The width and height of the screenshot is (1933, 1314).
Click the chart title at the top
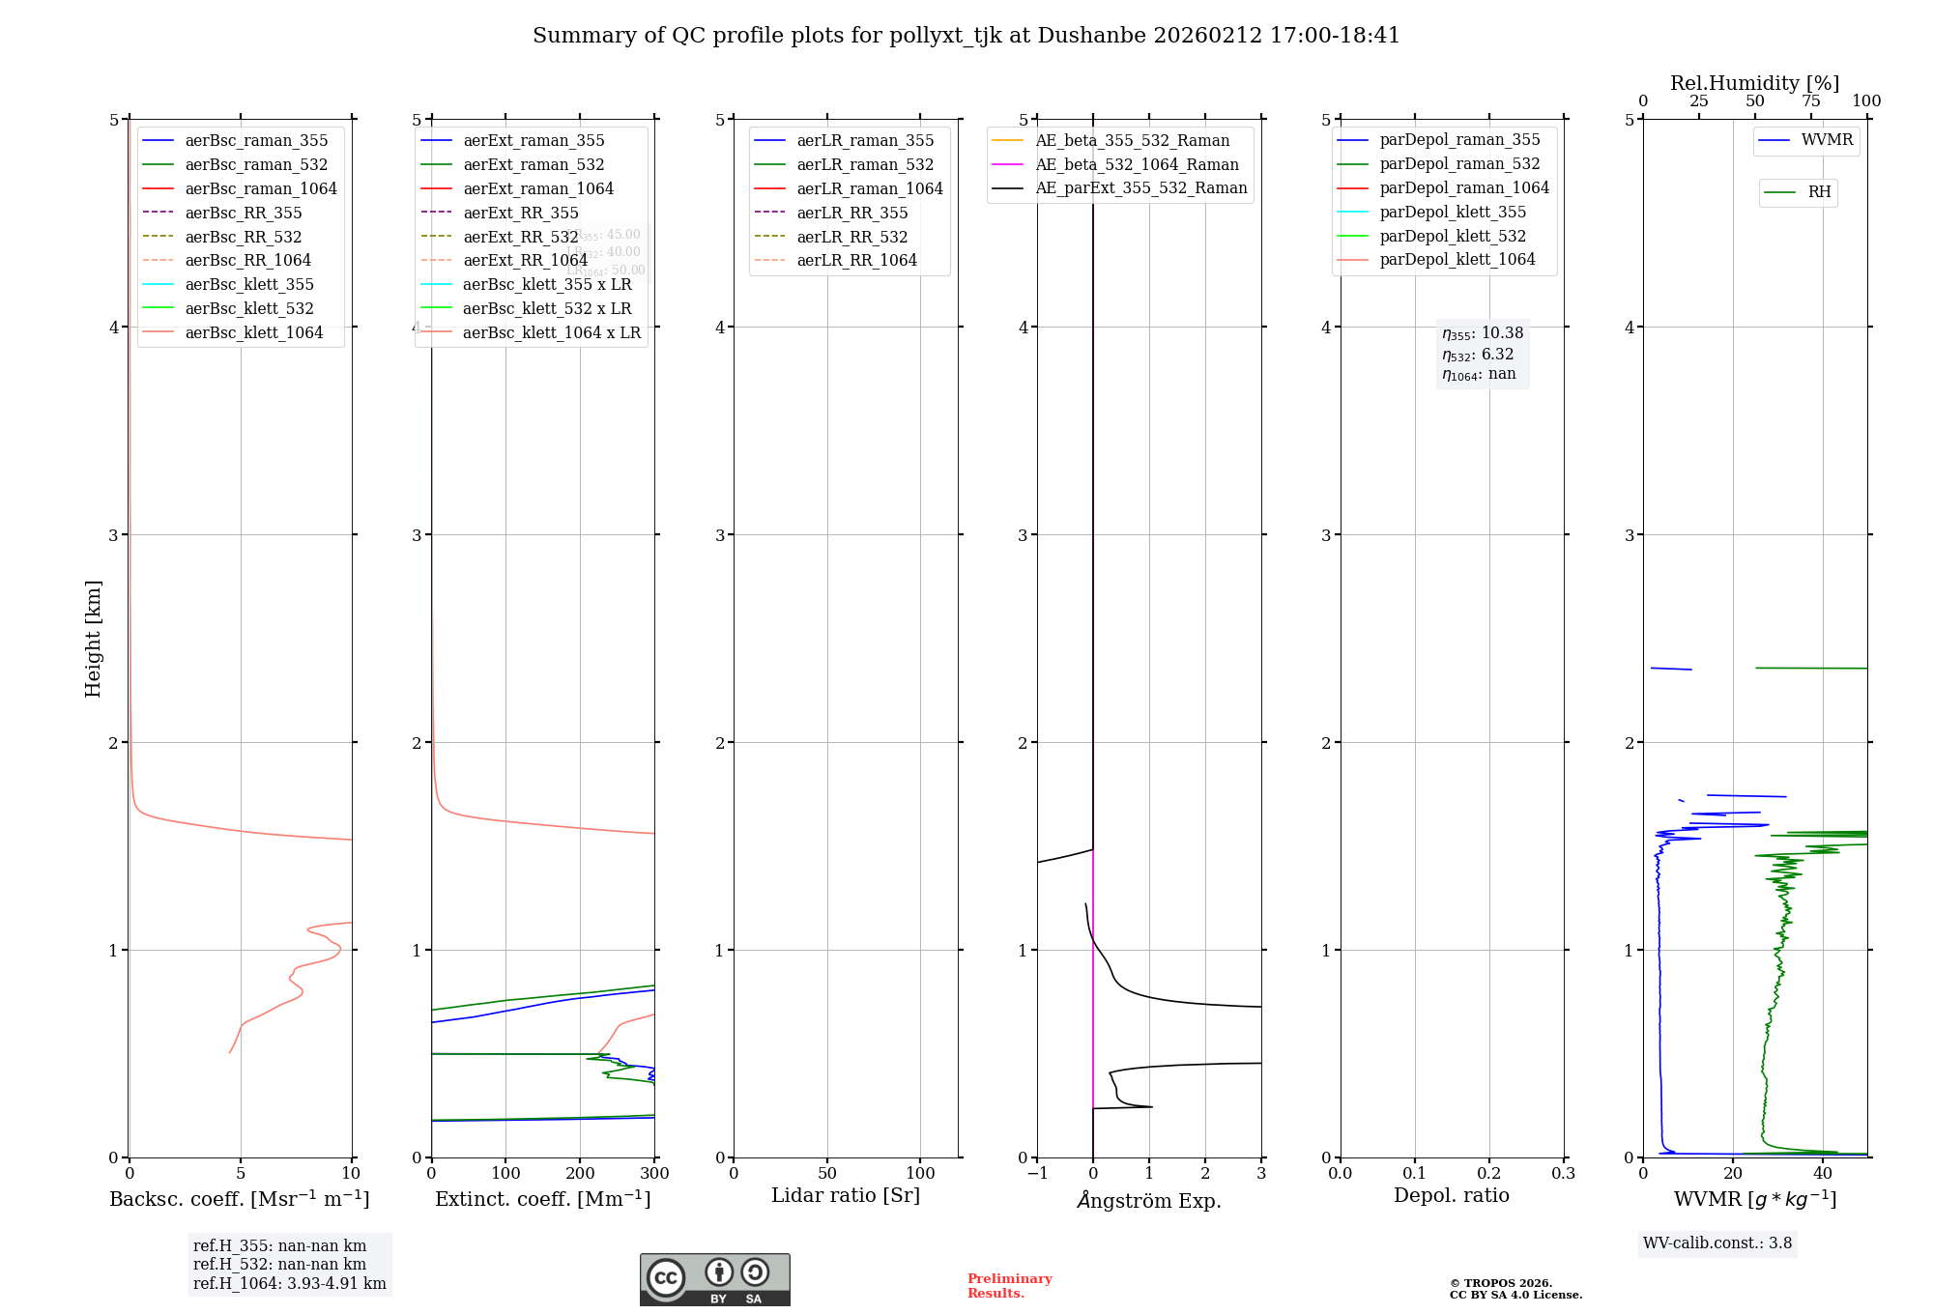pyautogui.click(x=966, y=36)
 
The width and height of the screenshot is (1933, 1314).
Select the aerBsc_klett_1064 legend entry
pyautogui.click(x=253, y=332)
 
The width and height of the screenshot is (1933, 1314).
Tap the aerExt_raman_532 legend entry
pyautogui.click(x=534, y=164)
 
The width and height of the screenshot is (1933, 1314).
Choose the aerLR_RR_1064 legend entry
pyautogui.click(x=856, y=260)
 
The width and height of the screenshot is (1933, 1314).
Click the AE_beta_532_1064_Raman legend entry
pyautogui.click(x=1137, y=164)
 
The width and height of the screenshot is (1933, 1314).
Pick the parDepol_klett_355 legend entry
pyautogui.click(x=1453, y=212)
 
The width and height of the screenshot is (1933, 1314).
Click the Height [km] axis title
pyautogui.click(x=93, y=639)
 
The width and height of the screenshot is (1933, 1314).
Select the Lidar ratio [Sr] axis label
pyautogui.click(x=846, y=1195)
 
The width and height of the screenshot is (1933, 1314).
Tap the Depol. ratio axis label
pyautogui.click(x=1451, y=1195)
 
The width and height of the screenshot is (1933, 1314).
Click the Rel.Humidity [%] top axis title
pyautogui.click(x=1754, y=83)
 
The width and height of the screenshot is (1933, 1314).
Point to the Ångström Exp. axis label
pyautogui.click(x=1149, y=1200)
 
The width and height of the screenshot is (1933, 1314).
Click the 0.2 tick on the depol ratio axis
pyautogui.click(x=1489, y=1173)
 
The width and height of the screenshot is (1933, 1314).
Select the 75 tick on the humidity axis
pyautogui.click(x=1810, y=101)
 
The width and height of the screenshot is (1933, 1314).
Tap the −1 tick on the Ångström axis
pyautogui.click(x=1037, y=1173)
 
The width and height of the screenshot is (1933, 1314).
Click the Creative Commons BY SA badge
pyautogui.click(x=714, y=1279)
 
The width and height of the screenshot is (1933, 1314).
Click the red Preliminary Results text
pyautogui.click(x=1009, y=1286)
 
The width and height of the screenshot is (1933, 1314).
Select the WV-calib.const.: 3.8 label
pyautogui.click(x=1717, y=1243)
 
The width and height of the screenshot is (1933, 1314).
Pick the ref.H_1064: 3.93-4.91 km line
pyautogui.click(x=289, y=1284)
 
